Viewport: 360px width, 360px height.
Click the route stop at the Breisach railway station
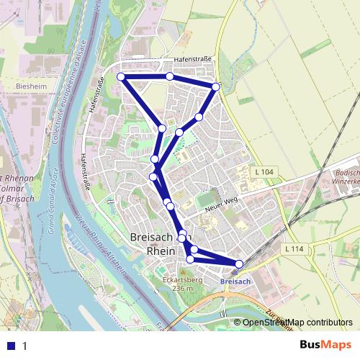239,264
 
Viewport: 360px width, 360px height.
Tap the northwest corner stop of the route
121,76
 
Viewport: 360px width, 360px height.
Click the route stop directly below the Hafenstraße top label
169,76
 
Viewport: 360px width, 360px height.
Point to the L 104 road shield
264,172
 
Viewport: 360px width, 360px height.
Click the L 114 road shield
292,248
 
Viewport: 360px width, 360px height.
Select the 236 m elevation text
183,288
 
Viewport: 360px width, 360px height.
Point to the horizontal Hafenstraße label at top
191,61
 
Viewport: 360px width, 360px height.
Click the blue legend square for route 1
11,345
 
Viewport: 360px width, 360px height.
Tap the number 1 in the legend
24,346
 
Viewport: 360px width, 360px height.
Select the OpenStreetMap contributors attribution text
297,323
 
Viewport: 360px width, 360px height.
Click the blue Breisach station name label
235,280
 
